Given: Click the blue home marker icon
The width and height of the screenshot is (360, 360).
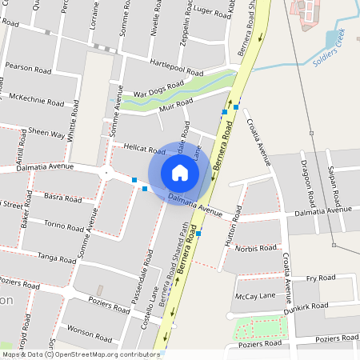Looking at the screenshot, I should (x=180, y=173).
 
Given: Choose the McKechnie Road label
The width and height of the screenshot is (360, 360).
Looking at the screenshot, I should (x=37, y=102).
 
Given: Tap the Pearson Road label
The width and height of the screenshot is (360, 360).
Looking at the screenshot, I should (x=28, y=67).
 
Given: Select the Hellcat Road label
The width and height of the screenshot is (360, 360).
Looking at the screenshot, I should (x=145, y=149).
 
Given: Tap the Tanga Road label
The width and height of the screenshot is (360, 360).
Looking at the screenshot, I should (x=57, y=257).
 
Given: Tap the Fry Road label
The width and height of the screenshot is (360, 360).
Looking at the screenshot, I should (x=321, y=278).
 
